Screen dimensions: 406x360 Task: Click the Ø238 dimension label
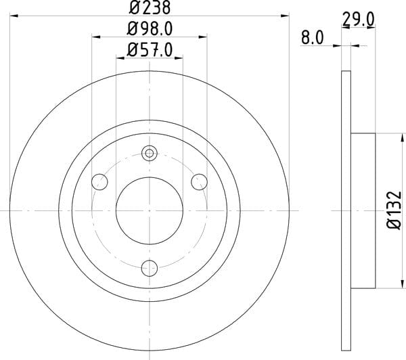click(150, 7)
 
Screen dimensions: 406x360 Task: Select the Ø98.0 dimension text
click(150, 28)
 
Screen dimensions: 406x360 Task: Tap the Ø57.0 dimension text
click(150, 49)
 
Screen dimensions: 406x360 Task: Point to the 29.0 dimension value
click(359, 20)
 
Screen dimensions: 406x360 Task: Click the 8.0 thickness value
click(312, 38)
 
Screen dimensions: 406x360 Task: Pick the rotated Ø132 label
click(394, 210)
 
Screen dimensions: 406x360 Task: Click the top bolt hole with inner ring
click(150, 154)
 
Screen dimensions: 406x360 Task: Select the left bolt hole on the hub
click(99, 182)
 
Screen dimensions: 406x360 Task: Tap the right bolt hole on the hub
click(199, 182)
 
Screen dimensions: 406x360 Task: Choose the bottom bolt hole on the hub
click(150, 268)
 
